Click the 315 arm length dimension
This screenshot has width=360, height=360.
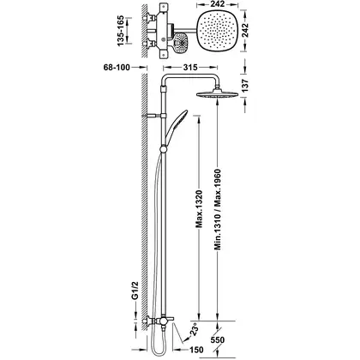(190, 68)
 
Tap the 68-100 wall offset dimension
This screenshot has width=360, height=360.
(117, 68)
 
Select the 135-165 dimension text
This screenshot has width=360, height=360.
(121, 31)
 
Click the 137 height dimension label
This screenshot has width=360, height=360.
(245, 86)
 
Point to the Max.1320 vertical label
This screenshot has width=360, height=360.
(199, 209)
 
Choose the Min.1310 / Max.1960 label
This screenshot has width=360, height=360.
(218, 209)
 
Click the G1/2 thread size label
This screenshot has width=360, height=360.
(135, 291)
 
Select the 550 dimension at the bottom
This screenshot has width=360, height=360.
(218, 340)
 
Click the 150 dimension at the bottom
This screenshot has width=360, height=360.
(196, 350)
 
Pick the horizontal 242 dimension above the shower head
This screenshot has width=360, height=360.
(218, 4)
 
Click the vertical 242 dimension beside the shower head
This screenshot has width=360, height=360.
(245, 30)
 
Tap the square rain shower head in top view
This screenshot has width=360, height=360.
(218, 31)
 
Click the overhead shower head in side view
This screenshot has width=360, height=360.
(217, 95)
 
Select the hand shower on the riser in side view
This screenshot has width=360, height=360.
(176, 128)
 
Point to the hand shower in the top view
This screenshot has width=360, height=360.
(180, 43)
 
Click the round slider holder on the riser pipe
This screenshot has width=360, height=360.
(164, 150)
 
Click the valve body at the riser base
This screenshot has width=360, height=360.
(164, 321)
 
